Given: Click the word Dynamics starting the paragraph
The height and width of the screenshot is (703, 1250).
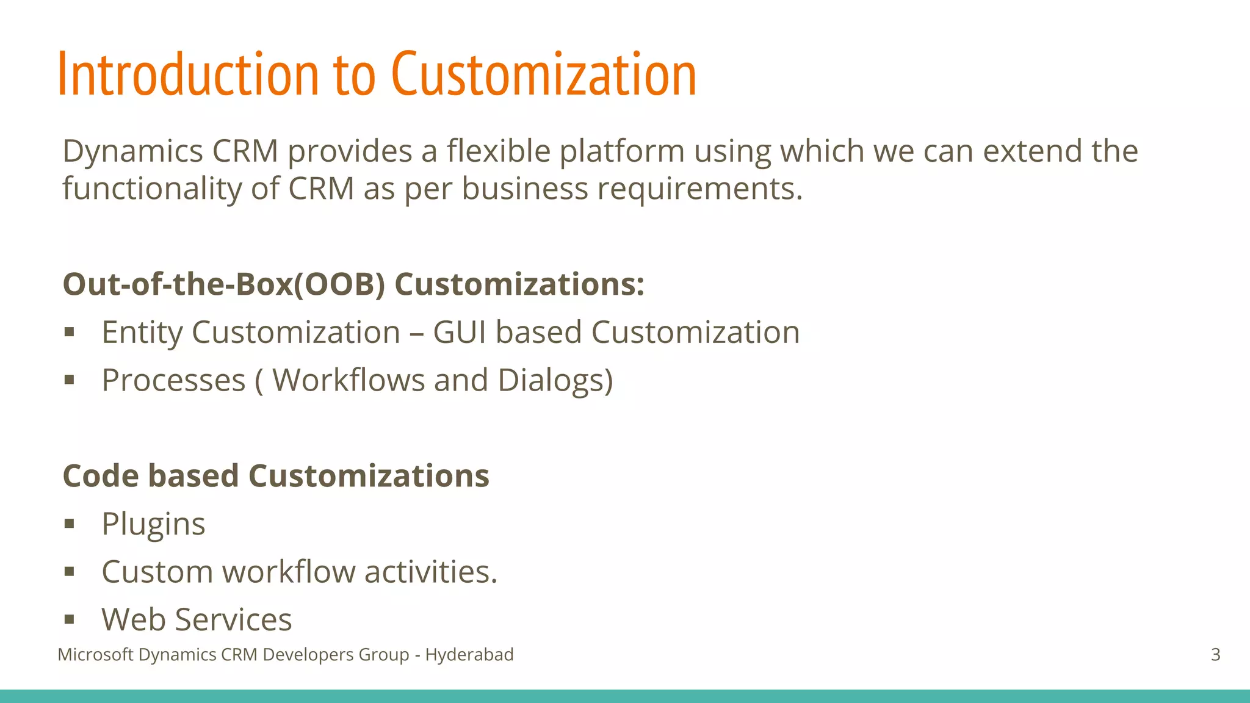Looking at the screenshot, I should [132, 151].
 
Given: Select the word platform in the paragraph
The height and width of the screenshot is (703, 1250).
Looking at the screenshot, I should [622, 153].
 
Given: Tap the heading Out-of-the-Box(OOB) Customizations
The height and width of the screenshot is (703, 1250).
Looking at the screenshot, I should [353, 284].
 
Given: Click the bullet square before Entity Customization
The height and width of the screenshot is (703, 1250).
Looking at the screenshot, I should [69, 333].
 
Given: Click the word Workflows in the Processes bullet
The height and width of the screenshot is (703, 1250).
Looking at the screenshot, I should [349, 380].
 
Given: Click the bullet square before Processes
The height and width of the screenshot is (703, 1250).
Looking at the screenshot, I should [69, 380].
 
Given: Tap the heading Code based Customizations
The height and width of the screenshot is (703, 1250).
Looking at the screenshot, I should [276, 476].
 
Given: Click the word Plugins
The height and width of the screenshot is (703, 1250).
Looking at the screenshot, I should [153, 524].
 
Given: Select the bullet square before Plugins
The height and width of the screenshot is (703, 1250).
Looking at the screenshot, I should [69, 524].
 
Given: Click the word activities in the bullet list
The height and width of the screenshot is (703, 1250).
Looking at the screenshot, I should [430, 572].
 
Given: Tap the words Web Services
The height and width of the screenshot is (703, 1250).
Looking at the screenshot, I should [197, 619].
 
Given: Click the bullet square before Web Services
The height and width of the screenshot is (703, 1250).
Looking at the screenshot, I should [69, 620].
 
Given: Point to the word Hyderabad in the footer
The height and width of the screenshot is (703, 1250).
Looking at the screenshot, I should [469, 655].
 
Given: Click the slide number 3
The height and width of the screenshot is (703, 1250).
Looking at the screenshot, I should [1215, 655].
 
